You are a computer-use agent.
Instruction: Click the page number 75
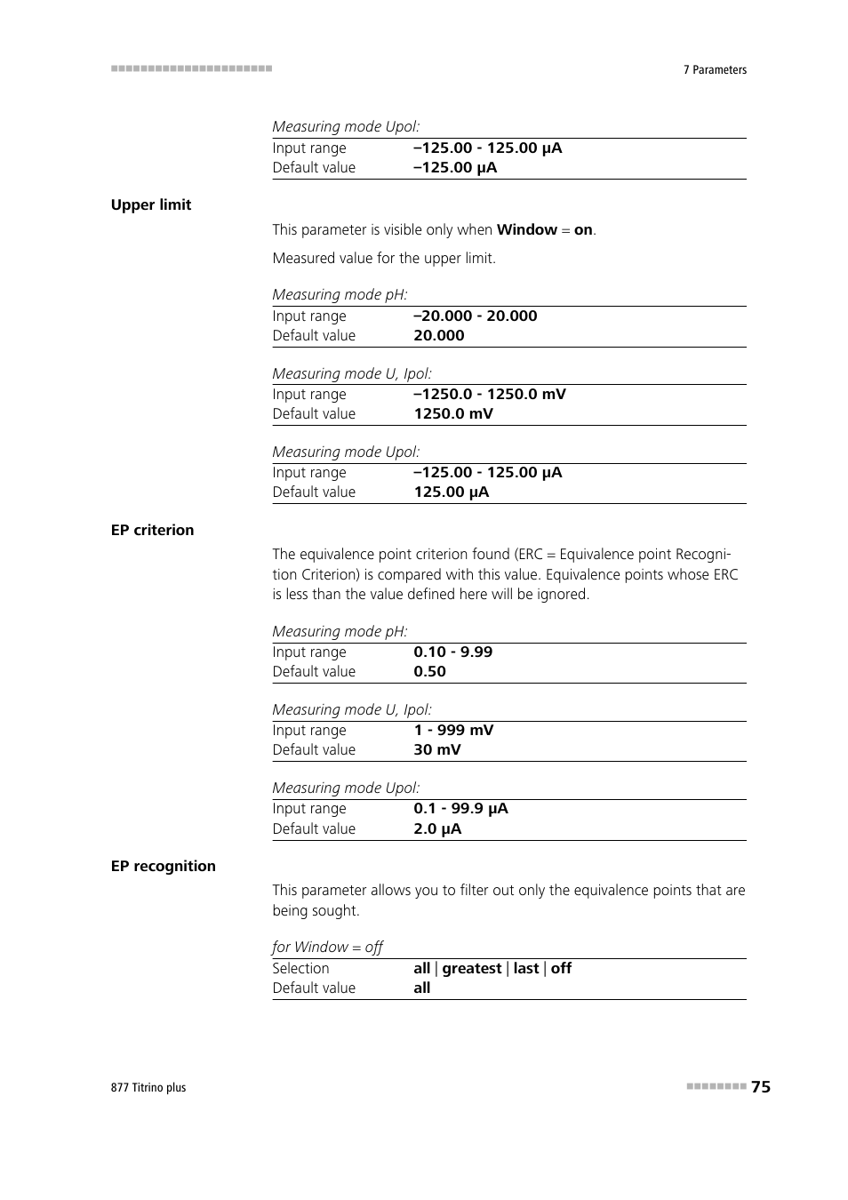click(x=760, y=1086)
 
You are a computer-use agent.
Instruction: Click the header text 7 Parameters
click(x=715, y=69)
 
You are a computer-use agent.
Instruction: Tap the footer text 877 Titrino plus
click(x=148, y=1087)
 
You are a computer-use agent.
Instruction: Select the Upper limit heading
click(x=151, y=204)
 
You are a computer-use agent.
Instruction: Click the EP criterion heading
click(x=152, y=530)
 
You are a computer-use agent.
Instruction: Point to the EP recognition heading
click(x=164, y=866)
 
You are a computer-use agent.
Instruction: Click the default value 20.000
click(x=439, y=335)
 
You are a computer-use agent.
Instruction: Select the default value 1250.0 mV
click(x=453, y=413)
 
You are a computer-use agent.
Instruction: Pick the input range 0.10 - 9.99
click(x=452, y=652)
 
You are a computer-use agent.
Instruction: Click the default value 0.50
click(x=429, y=671)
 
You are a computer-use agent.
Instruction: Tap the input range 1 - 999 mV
click(x=453, y=730)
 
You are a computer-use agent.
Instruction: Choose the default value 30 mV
click(x=437, y=749)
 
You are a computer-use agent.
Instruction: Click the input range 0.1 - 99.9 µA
click(x=460, y=808)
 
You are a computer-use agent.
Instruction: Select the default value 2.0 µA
click(x=437, y=828)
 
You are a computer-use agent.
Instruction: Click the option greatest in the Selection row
click(x=472, y=968)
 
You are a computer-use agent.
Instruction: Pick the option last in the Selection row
click(x=526, y=968)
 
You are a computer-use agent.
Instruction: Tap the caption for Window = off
click(x=327, y=947)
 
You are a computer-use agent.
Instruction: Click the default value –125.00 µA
click(x=455, y=167)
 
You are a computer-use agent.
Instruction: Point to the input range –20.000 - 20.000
click(x=476, y=316)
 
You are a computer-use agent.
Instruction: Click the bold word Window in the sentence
click(x=527, y=229)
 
